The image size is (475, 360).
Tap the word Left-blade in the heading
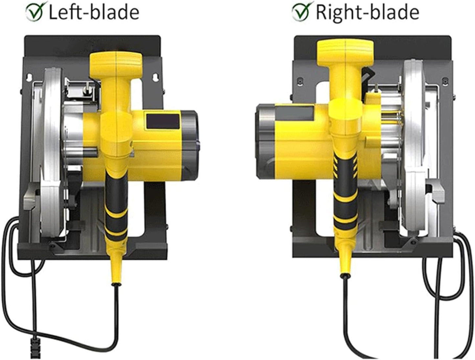[94, 12]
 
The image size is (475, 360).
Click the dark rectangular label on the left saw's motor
[163, 122]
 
